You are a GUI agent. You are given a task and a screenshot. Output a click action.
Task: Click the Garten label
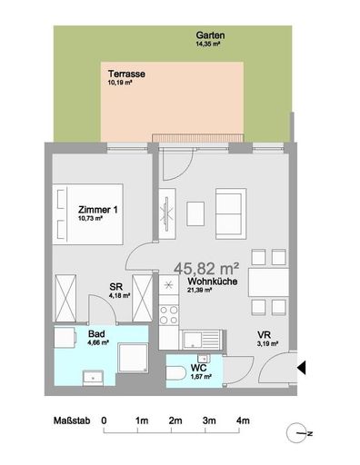coord(209,35)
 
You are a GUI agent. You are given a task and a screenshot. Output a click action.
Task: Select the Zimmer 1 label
coord(97,210)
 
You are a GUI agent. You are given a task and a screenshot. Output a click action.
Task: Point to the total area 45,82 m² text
coord(206,268)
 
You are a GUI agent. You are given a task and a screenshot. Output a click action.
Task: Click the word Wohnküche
coord(208,282)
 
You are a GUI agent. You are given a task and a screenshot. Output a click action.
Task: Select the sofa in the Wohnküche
coord(230,213)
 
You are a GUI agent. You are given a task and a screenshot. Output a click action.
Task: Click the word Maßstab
coord(66,420)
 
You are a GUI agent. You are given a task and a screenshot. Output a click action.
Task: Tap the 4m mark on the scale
coord(243,420)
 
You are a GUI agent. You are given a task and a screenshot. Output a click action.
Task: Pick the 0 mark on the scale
coord(105,420)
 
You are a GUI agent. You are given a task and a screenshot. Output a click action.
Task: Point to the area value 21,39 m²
coord(202,292)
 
